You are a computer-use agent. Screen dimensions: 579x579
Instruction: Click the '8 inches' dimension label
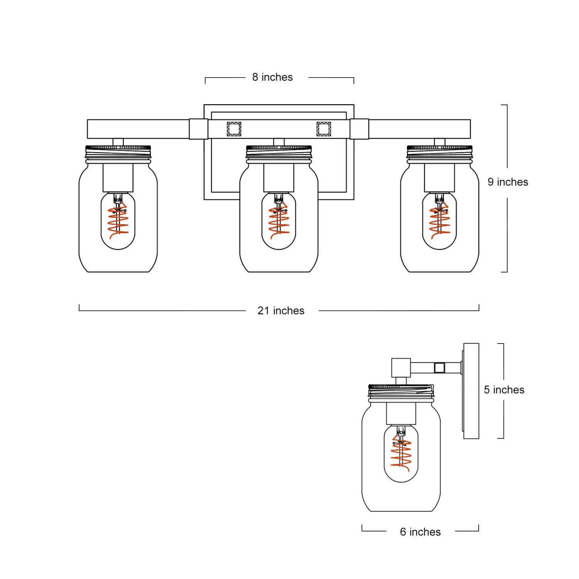[273, 77]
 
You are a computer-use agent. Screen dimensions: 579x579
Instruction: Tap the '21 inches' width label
[281, 311]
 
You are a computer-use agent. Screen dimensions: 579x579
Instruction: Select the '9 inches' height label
[508, 182]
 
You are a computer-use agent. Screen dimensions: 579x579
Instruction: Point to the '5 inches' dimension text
[504, 390]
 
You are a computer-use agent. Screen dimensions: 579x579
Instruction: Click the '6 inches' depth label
[420, 532]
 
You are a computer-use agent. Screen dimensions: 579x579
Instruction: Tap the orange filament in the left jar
[118, 222]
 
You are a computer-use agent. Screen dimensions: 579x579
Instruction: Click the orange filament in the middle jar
[279, 222]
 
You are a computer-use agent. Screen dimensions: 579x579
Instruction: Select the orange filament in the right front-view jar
[439, 222]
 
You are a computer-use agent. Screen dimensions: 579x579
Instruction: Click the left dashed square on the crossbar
[234, 129]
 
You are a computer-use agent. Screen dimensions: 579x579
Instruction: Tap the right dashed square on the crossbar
[323, 129]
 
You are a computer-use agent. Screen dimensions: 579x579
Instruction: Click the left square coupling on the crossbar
[198, 129]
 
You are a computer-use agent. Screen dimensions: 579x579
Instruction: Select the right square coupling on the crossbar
[359, 129]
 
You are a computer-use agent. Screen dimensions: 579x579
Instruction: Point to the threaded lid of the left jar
[118, 152]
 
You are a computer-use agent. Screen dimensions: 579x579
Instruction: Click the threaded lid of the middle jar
[279, 152]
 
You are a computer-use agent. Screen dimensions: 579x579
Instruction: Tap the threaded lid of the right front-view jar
[439, 152]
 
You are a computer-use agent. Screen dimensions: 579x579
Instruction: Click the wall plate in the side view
[471, 391]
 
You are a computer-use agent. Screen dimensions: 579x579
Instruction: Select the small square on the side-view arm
[439, 367]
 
